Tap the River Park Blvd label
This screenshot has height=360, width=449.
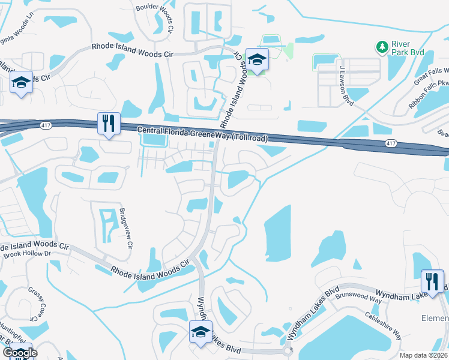(x=408, y=47)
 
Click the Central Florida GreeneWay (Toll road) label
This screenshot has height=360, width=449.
(x=202, y=134)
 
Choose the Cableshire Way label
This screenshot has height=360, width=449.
(x=382, y=325)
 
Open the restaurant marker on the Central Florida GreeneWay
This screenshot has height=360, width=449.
(x=109, y=124)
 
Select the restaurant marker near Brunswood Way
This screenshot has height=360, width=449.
(x=432, y=281)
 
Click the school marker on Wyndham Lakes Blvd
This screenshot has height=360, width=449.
(x=201, y=332)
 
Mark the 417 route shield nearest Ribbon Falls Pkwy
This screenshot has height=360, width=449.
(x=391, y=143)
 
